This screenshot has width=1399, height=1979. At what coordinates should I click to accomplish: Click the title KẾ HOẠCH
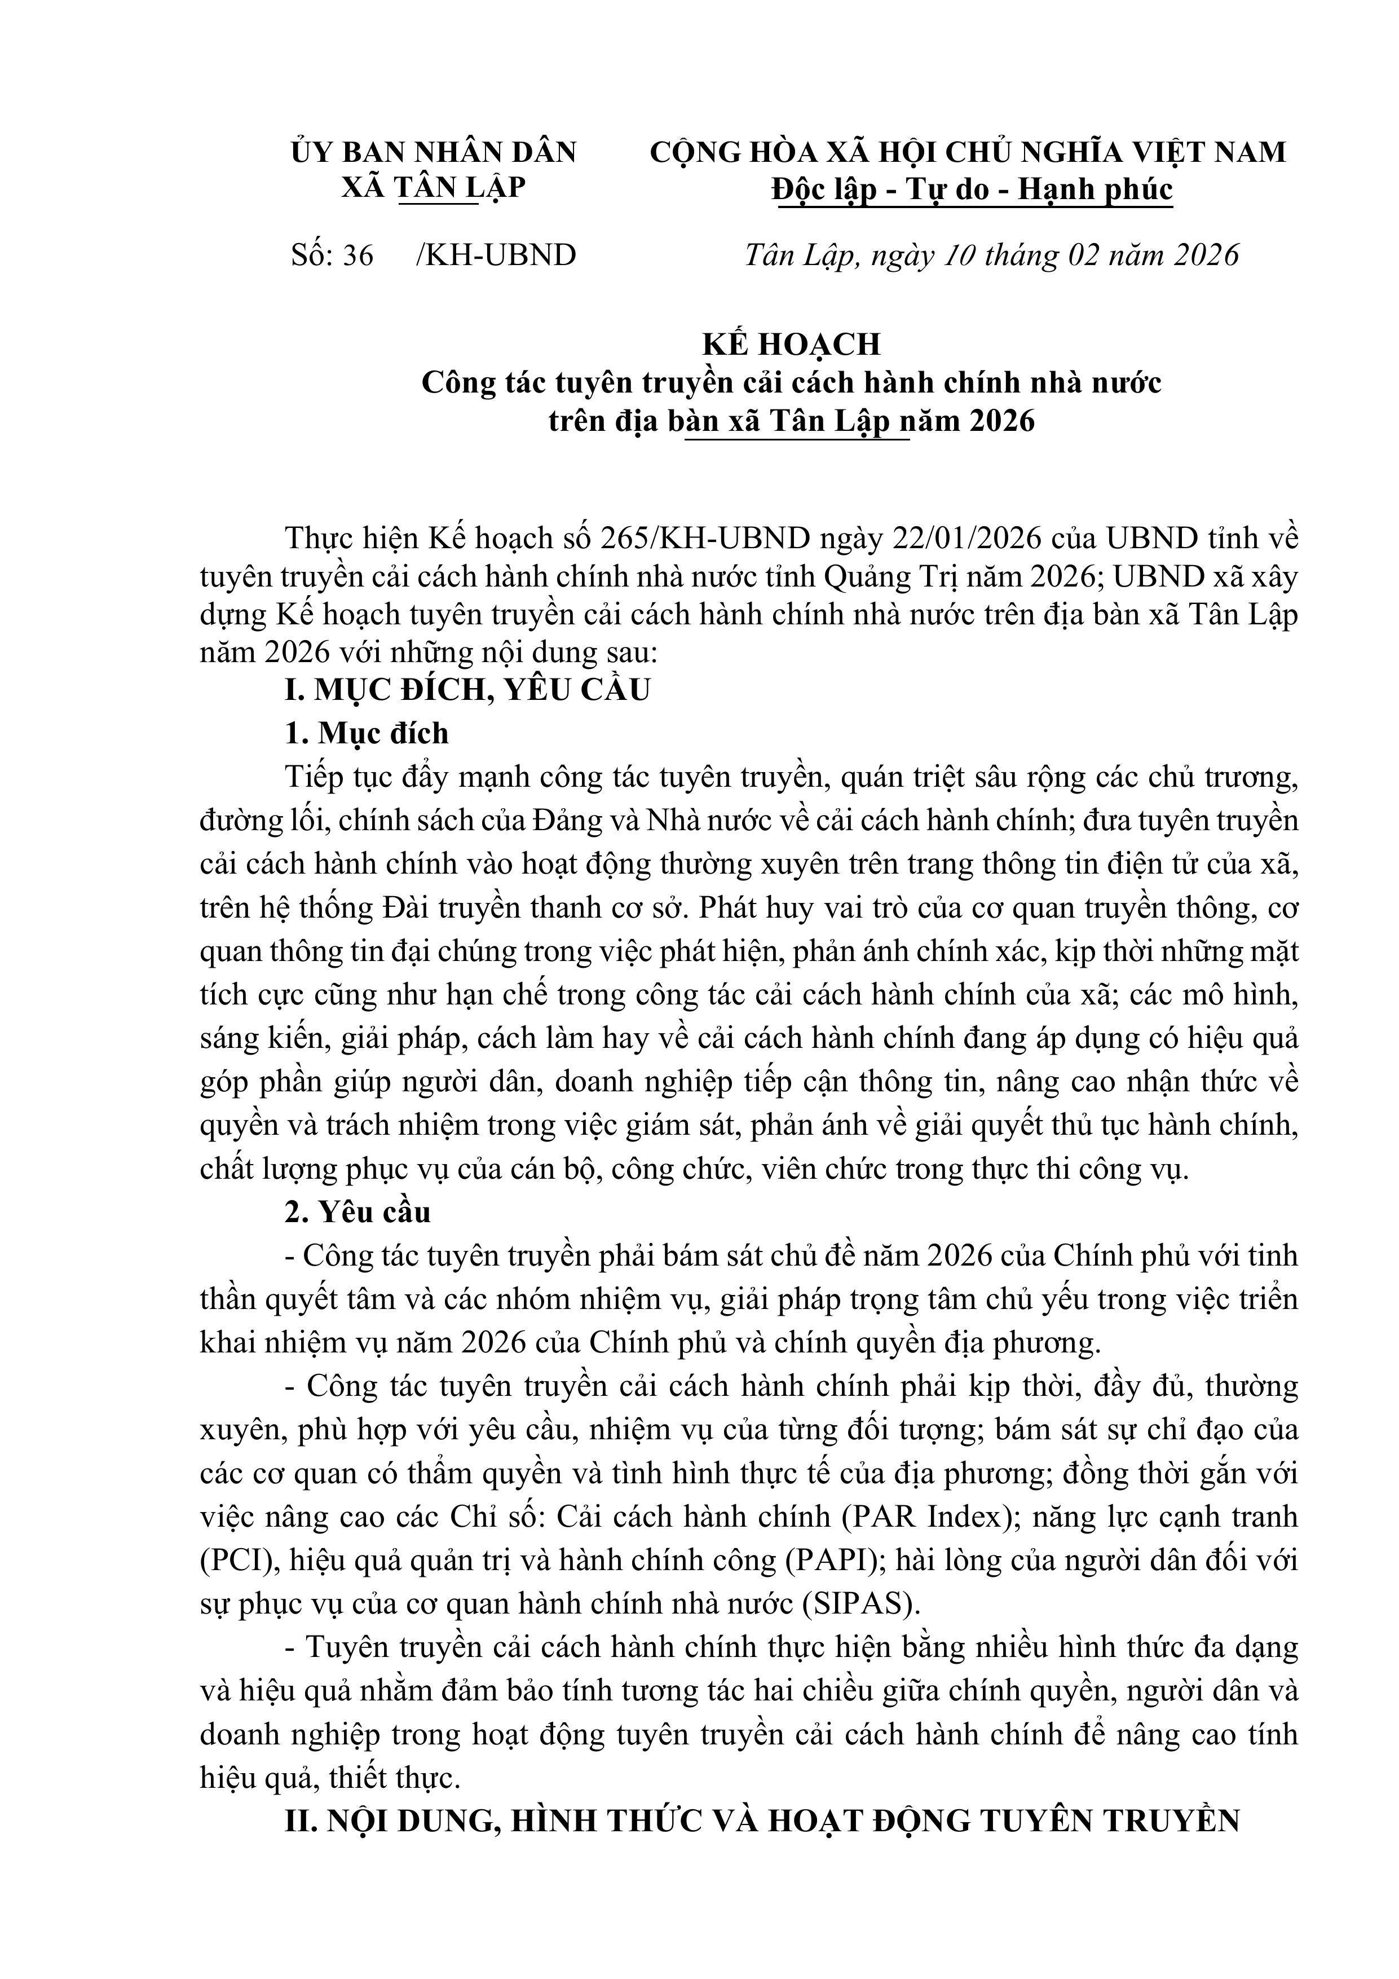click(x=791, y=344)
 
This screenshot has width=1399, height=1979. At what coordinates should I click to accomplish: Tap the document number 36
click(x=358, y=255)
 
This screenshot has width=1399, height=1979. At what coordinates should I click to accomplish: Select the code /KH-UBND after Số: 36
click(x=496, y=255)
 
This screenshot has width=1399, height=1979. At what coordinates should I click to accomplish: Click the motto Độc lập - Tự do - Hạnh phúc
click(x=972, y=189)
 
